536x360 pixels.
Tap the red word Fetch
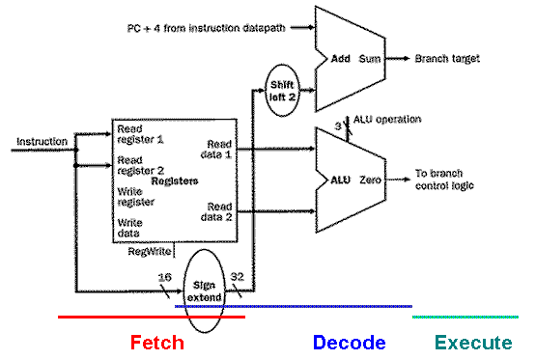[x=156, y=343]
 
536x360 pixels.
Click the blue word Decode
[x=349, y=343]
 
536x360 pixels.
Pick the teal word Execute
[x=473, y=343]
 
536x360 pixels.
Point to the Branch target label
[x=447, y=59]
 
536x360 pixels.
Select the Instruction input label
[x=42, y=142]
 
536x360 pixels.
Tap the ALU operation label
[x=388, y=119]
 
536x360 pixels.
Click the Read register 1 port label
[x=140, y=134]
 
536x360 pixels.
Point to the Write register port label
[x=135, y=198]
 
